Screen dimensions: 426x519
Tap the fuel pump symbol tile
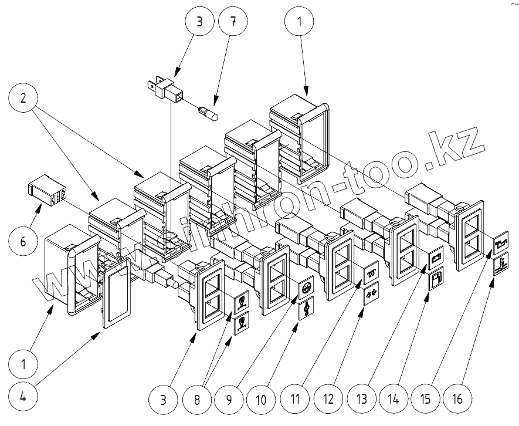(x=437, y=281)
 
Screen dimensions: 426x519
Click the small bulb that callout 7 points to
(x=208, y=111)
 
